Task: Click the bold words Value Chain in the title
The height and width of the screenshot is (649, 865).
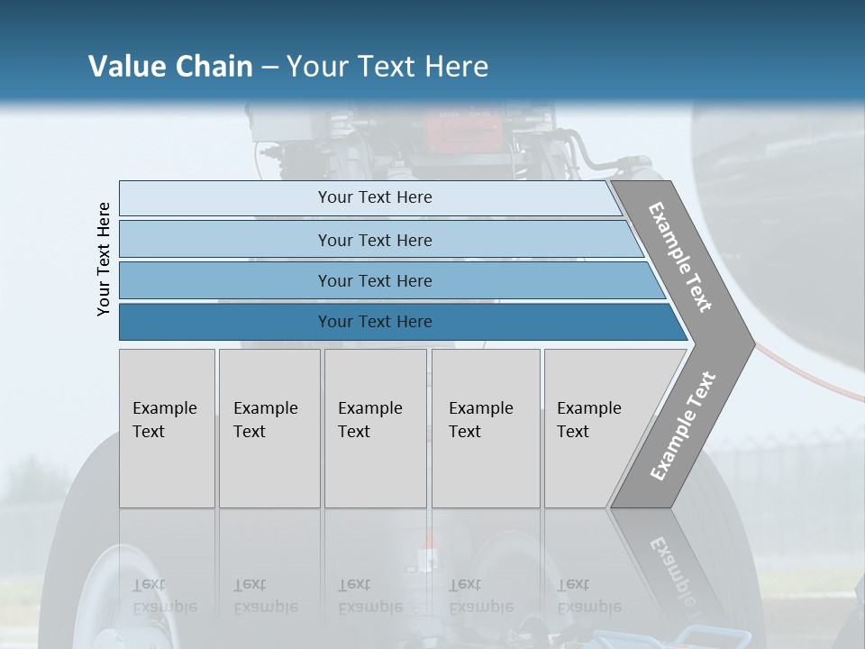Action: [170, 67]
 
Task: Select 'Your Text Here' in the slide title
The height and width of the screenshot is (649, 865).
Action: [387, 67]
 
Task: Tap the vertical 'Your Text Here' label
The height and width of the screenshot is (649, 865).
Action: [104, 260]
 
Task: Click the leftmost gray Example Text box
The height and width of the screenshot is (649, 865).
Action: [167, 428]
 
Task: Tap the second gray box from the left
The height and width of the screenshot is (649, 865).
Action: [269, 428]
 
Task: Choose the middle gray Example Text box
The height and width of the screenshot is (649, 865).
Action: [375, 428]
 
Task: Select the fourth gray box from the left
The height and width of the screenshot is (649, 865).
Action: [486, 428]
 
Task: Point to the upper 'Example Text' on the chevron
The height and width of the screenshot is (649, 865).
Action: [680, 257]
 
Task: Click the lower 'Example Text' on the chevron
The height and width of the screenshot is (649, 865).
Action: [683, 425]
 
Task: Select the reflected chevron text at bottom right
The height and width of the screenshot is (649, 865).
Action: [671, 568]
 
